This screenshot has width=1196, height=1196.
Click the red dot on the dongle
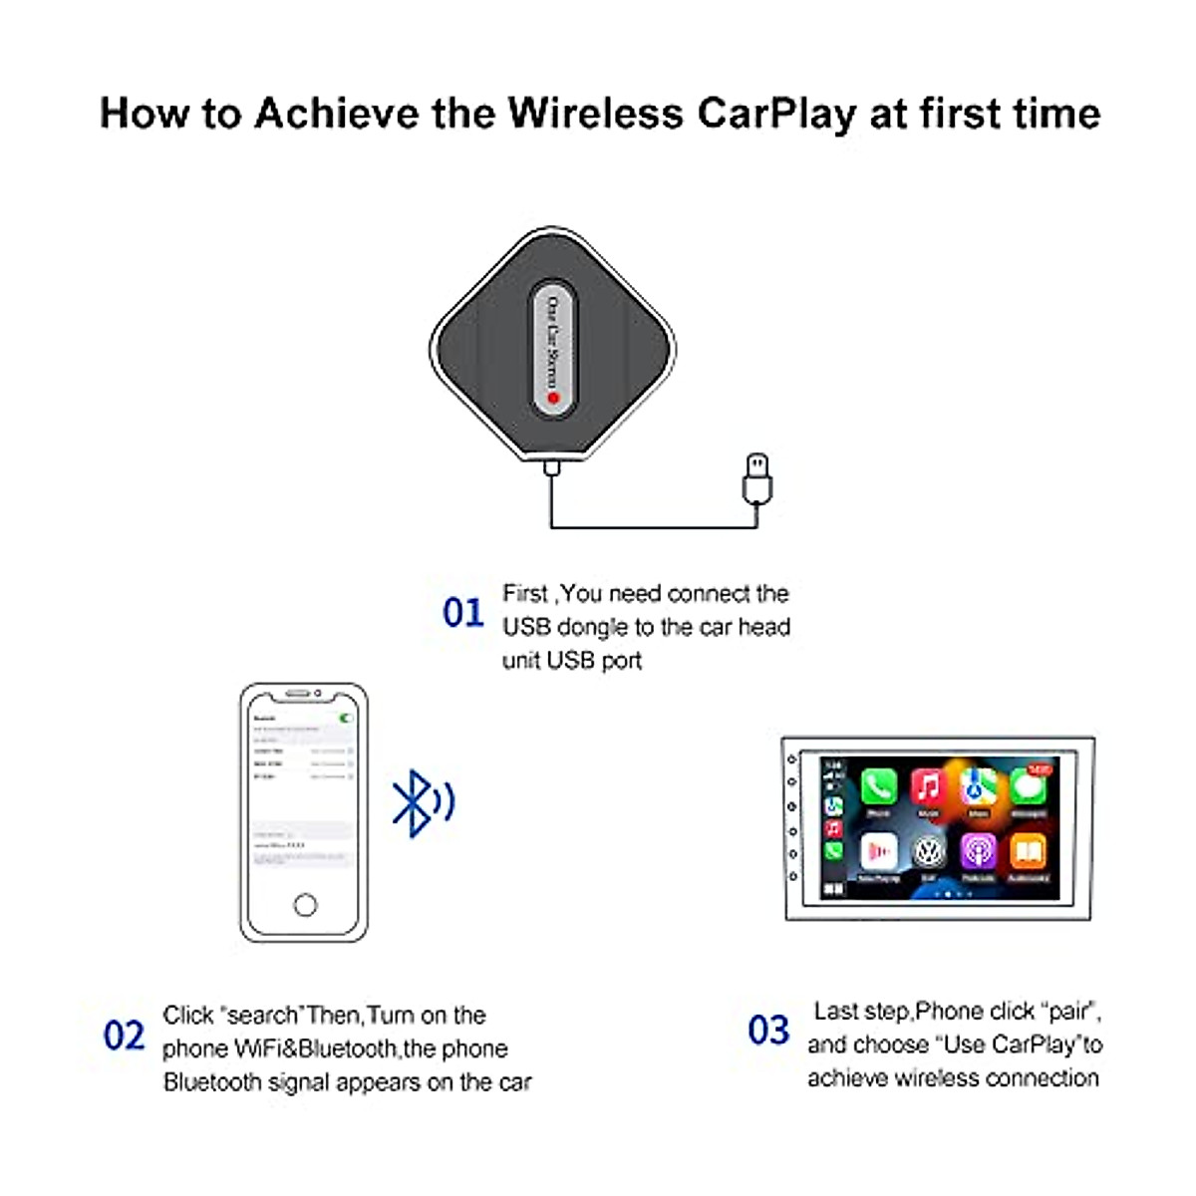click(553, 399)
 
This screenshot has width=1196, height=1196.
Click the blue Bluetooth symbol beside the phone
click(413, 802)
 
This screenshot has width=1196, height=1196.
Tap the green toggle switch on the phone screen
click(346, 718)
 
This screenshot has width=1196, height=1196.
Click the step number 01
click(462, 612)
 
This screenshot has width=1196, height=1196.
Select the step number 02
click(124, 1036)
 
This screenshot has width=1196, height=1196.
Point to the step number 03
click(768, 1030)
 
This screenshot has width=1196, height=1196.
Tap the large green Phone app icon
click(878, 787)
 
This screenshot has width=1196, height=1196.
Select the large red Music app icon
click(927, 787)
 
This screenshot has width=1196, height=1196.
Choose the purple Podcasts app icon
click(978, 852)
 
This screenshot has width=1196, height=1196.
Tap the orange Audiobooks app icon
click(1028, 852)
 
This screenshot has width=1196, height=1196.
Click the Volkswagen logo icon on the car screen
click(928, 852)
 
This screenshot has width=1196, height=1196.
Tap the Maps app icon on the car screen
click(978, 787)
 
